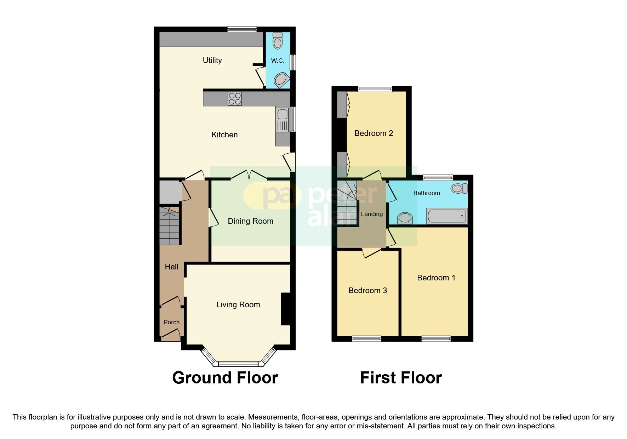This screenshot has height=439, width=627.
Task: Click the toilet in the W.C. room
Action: point(278,41)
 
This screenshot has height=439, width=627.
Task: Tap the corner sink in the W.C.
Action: point(282,80)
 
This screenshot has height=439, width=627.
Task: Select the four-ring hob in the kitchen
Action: point(235,98)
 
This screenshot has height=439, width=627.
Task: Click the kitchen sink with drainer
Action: point(283,120)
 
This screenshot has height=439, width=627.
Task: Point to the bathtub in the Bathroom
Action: point(446,216)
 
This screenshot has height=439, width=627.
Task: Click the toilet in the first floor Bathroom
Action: point(459,188)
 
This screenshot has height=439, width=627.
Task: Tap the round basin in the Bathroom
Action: point(405,218)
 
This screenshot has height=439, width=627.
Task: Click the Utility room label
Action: point(212,60)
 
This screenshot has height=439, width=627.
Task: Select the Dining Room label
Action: point(250,221)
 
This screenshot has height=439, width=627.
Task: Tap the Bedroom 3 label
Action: point(367,291)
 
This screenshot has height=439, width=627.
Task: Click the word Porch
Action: point(171,322)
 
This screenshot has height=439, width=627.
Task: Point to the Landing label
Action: point(372,214)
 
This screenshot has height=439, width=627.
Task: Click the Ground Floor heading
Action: point(225,378)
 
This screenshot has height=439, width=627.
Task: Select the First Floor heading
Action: point(401,378)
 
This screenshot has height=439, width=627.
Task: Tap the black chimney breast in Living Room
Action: point(286,309)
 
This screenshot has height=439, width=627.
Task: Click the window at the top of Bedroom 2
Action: point(375,89)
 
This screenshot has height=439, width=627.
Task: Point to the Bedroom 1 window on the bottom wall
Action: point(436,339)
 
